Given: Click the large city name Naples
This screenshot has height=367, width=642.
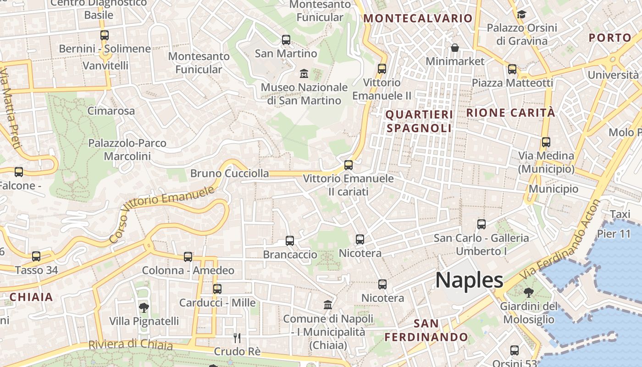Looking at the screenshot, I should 469,280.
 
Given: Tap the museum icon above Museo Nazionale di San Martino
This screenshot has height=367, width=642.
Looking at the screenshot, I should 304,73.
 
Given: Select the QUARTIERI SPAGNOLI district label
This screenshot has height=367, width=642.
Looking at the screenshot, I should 419,121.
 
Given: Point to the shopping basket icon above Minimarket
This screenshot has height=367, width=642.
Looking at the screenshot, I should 455,48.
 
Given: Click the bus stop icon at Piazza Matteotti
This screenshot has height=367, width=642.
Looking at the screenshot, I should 512,69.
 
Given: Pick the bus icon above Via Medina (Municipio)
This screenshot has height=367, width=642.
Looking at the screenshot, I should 546,142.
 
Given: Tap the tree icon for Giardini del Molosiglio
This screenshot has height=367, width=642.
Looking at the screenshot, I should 528,292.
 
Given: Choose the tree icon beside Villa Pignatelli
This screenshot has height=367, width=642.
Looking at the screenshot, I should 144,307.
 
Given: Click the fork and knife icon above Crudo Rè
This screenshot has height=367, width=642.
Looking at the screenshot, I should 237,338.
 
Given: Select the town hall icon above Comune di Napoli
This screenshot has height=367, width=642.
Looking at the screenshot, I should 328,305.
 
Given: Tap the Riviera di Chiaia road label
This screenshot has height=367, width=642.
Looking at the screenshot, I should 131,344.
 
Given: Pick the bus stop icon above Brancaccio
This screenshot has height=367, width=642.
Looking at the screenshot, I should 290,240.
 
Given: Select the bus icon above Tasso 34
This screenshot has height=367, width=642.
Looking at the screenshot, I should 36,256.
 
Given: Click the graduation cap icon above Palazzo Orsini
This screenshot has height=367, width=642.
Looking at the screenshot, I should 521,14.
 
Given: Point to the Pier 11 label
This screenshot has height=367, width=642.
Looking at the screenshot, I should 614,234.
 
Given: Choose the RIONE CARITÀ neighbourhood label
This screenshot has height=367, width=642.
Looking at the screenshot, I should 510,113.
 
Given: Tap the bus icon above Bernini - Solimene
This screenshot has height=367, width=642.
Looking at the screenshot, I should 105,35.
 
